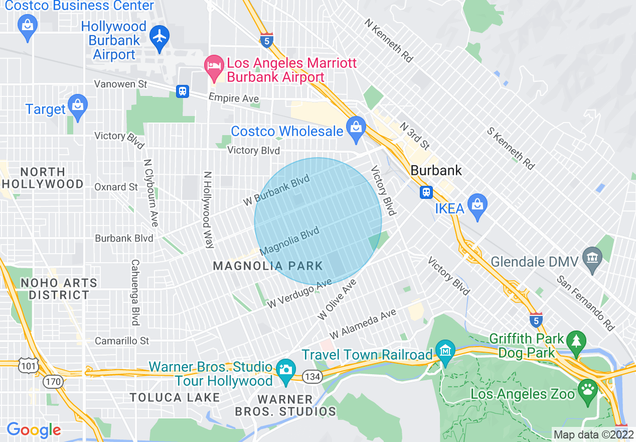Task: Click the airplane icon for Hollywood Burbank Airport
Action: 160,36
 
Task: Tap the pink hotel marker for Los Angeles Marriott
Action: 215,67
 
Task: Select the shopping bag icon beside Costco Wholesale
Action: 356,127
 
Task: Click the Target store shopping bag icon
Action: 77,105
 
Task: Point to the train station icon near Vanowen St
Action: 183,91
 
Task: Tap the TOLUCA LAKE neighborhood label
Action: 175,397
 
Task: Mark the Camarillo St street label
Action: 122,341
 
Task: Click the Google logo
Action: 34,430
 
